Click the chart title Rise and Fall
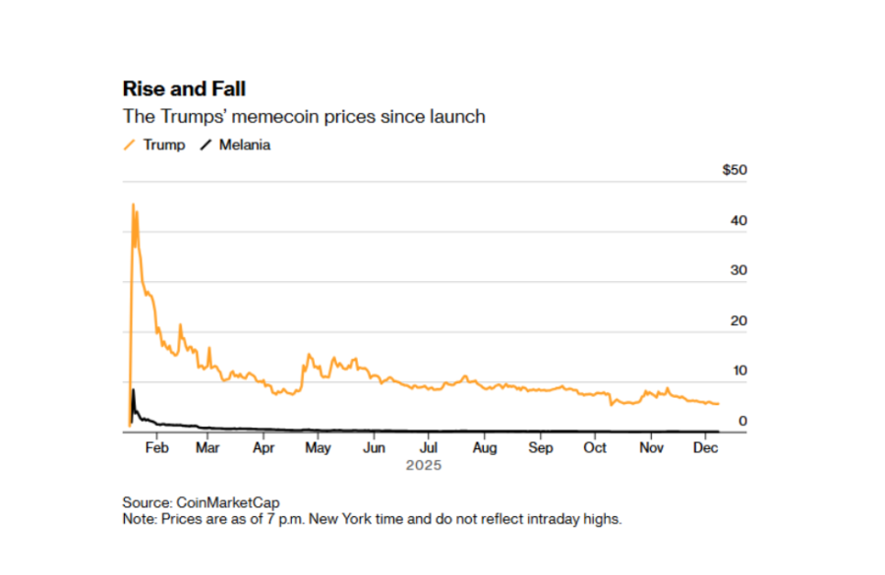[184, 89]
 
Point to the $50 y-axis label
[735, 170]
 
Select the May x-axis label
[317, 447]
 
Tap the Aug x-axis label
[484, 447]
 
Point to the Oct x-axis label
[595, 447]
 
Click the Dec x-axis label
[706, 447]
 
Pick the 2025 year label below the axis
[424, 465]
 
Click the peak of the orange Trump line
[133, 204]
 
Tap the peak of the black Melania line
[133, 390]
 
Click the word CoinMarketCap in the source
[234, 502]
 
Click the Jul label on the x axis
[428, 447]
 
